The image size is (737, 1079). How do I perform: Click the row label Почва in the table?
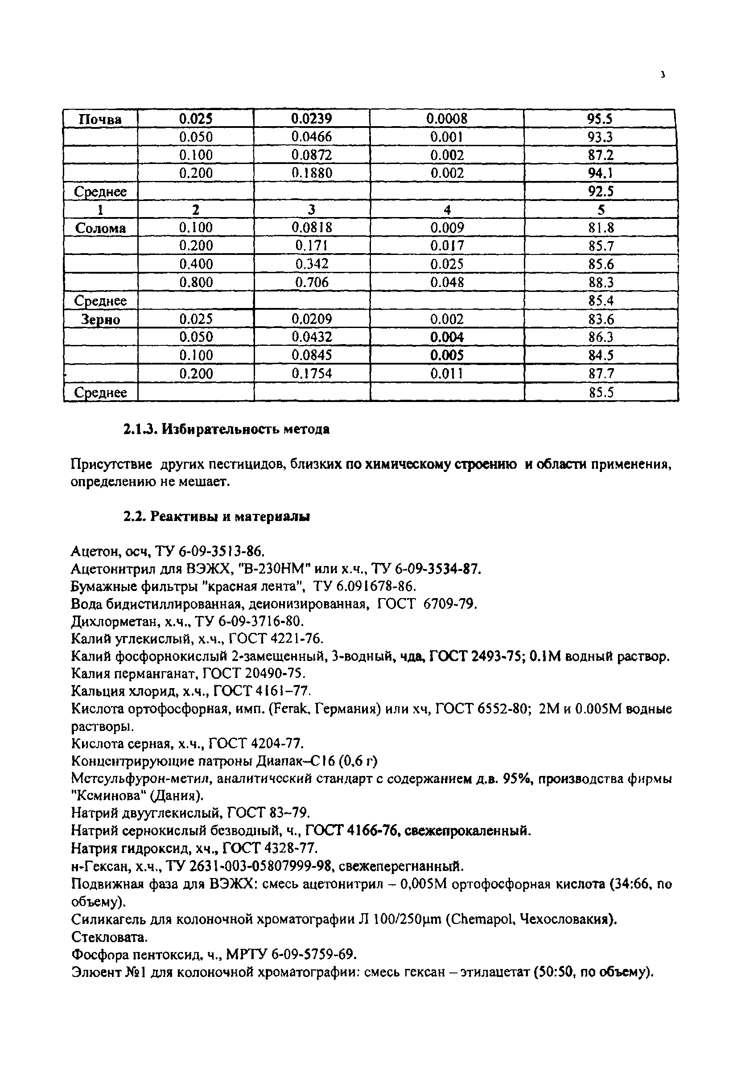pyautogui.click(x=100, y=119)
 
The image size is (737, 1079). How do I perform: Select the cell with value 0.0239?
pyautogui.click(x=312, y=119)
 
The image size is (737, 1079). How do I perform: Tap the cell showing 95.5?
pyautogui.click(x=600, y=119)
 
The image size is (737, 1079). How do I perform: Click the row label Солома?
pyautogui.click(x=100, y=228)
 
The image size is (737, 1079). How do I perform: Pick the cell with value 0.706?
pyautogui.click(x=312, y=282)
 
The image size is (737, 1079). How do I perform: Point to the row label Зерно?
pyautogui.click(x=100, y=319)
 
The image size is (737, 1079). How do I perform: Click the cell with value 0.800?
pyautogui.click(x=196, y=282)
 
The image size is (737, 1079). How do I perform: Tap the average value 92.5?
pyautogui.click(x=601, y=191)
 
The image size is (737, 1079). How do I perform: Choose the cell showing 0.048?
pyautogui.click(x=447, y=282)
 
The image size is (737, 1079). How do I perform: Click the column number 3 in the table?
pyautogui.click(x=311, y=209)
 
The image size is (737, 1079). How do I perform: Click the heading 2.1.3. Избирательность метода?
pyautogui.click(x=226, y=430)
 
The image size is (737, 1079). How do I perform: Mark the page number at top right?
pyautogui.click(x=663, y=74)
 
